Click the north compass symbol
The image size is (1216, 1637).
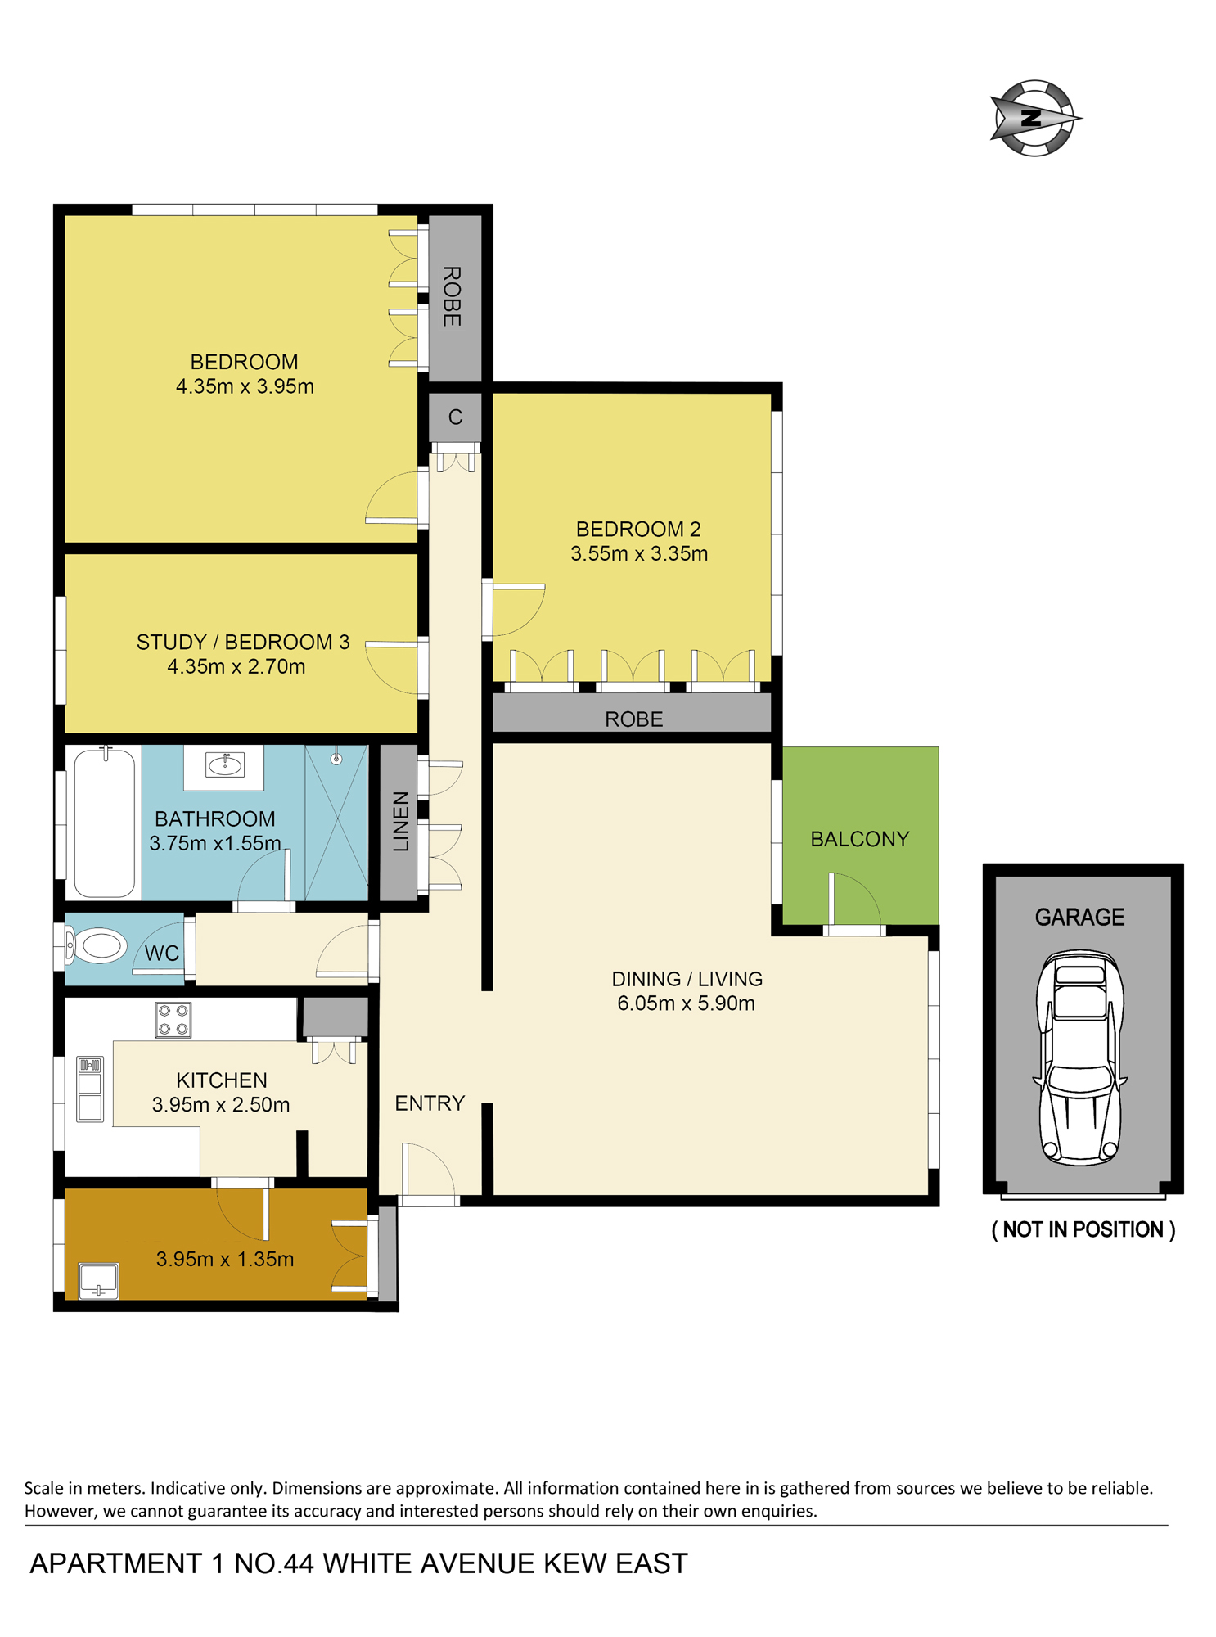pos(1034,118)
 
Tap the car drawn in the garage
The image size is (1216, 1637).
pos(1080,1058)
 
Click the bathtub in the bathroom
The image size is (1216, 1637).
pos(104,823)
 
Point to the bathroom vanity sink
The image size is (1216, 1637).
pos(224,765)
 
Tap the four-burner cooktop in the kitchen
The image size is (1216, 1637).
pos(173,1020)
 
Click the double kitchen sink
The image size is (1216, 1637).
pos(90,1089)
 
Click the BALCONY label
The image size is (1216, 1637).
pos(859,839)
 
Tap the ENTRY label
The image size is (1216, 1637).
pos(430,1103)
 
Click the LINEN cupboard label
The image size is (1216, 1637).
pos(400,822)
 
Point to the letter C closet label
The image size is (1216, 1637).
pos(455,417)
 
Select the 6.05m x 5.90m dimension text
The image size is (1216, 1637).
pos(686,1003)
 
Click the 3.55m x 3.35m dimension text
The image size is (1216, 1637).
pos(639,553)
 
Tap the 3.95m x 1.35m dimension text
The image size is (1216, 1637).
pos(225,1259)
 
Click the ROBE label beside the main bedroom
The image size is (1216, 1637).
pos(452,296)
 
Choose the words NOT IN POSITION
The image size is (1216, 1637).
pos(1083,1229)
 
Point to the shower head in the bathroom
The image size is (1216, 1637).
pos(336,759)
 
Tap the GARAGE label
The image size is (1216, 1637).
pos(1079,917)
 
